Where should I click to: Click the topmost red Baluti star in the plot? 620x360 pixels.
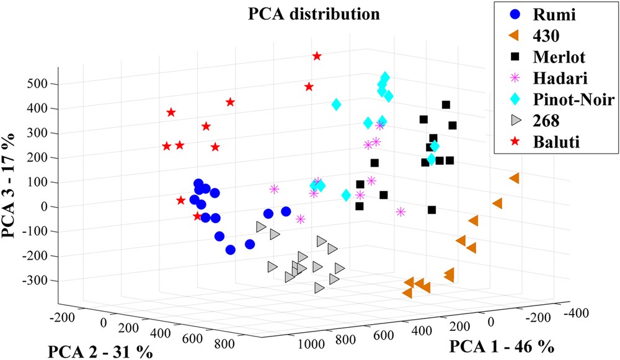[x=317, y=56]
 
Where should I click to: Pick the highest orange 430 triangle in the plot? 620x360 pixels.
[x=514, y=178]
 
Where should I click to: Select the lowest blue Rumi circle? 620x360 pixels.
[x=231, y=250]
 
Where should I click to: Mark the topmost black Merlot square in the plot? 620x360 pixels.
[x=446, y=105]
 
